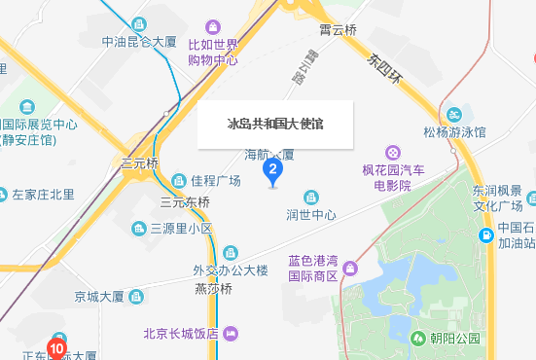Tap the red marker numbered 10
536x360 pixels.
click(56, 345)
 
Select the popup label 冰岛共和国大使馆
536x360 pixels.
click(275, 125)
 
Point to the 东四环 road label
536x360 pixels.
click(385, 68)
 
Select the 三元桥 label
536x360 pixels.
click(138, 162)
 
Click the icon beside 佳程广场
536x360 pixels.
click(180, 181)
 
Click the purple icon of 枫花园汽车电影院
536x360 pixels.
click(393, 152)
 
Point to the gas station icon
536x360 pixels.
click(484, 234)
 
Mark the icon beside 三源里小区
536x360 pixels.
click(139, 229)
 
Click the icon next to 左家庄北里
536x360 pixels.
click(2, 195)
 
